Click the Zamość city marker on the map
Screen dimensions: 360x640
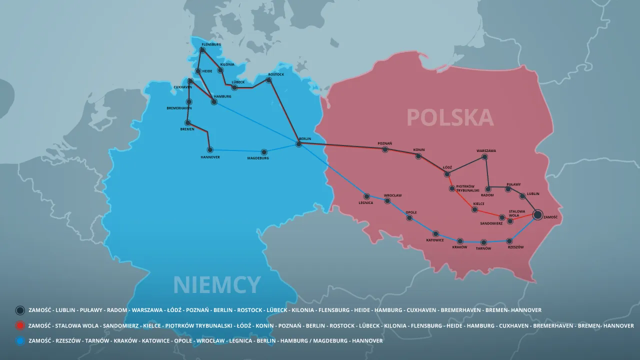[x=537, y=214]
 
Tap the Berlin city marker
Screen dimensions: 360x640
[x=299, y=144]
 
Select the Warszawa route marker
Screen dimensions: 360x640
[x=484, y=157]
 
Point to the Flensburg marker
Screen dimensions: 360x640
[x=202, y=50]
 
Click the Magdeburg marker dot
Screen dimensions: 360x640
[x=264, y=152]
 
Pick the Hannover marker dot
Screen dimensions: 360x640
[x=210, y=149]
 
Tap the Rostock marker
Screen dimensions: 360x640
[x=268, y=80]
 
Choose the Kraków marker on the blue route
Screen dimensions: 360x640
[x=460, y=241]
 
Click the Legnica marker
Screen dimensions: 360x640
[x=366, y=196]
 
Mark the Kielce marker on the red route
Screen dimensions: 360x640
[x=474, y=209]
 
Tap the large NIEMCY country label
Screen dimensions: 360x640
[x=216, y=285]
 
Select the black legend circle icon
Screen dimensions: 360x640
[x=20, y=310]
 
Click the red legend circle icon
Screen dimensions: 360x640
[x=20, y=326]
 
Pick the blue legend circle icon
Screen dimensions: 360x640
[x=20, y=341]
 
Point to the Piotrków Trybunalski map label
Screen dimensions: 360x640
[x=468, y=188]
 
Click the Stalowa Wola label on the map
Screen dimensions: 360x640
[x=517, y=213]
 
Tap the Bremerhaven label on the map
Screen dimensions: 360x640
[x=179, y=108]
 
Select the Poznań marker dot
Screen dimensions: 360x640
[x=385, y=149]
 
